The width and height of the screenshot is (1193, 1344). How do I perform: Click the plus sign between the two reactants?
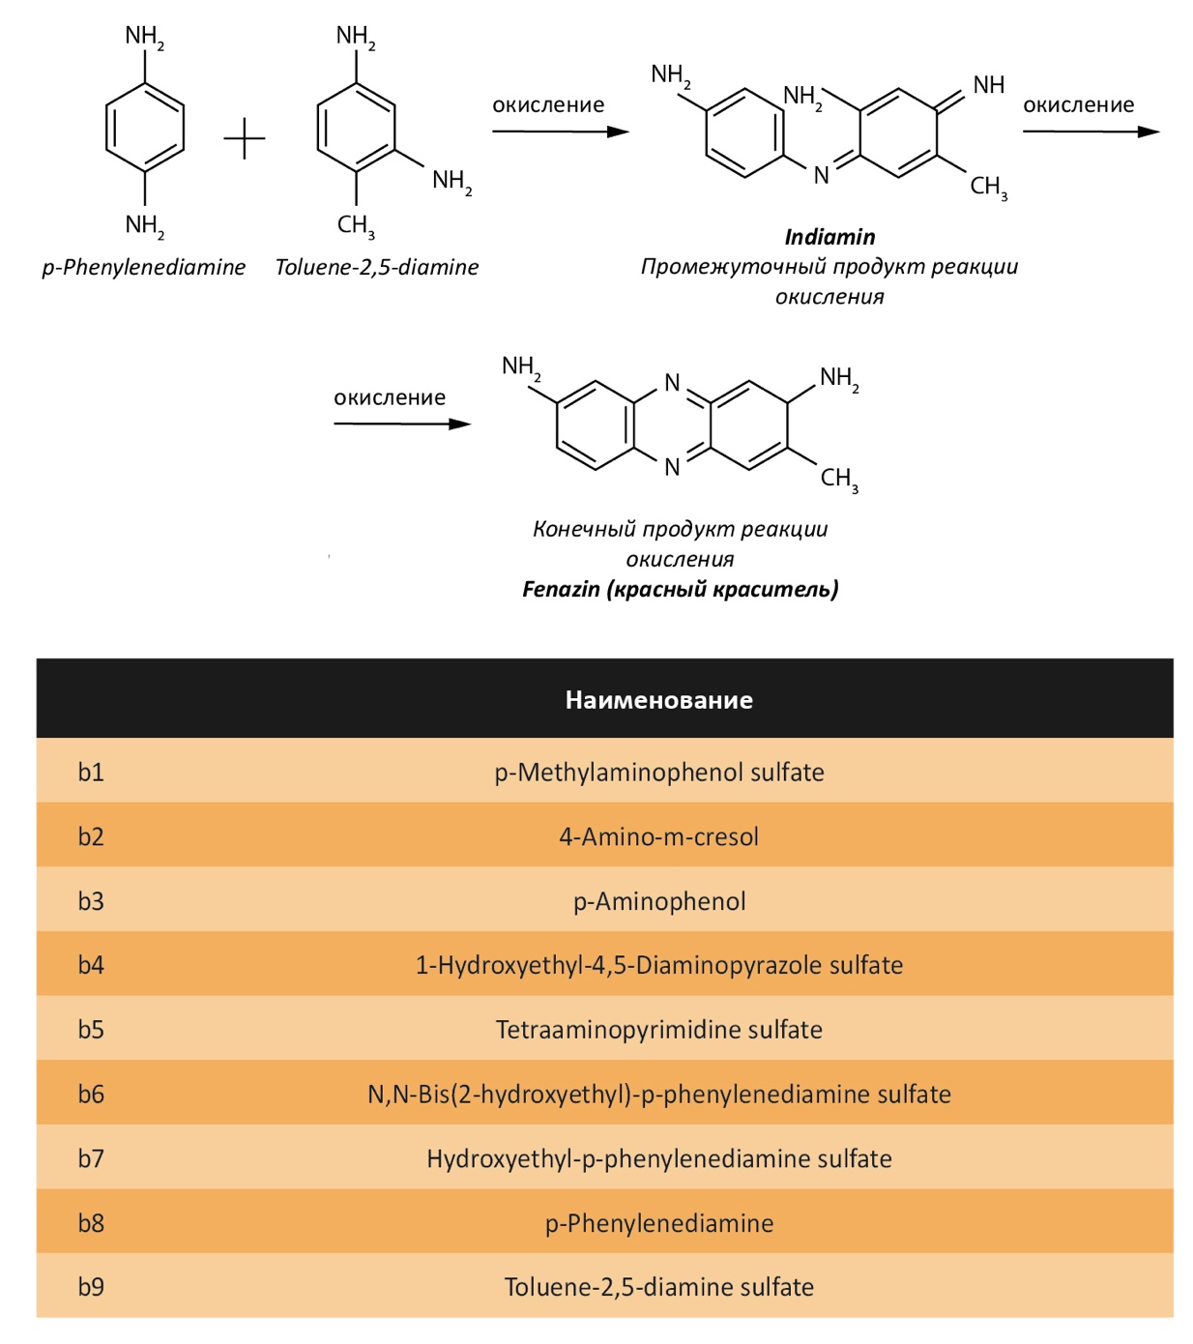tap(245, 138)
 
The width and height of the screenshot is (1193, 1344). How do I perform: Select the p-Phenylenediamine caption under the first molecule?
tap(143, 267)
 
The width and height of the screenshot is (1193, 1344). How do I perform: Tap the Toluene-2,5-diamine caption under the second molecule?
tap(376, 267)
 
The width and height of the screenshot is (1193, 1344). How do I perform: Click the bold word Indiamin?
tap(829, 236)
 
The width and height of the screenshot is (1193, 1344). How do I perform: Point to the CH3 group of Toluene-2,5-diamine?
tap(356, 225)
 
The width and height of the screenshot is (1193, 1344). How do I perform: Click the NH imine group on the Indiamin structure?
tap(988, 84)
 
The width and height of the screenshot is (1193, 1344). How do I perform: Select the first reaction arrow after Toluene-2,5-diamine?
tap(560, 131)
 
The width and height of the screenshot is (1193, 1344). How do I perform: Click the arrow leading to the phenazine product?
tap(402, 424)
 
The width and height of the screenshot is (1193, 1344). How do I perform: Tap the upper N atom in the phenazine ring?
tap(672, 382)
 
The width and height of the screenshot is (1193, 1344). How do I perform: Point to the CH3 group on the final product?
tap(839, 478)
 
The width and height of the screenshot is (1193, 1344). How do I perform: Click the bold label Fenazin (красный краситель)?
tap(680, 589)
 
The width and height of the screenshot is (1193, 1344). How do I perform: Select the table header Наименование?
tap(658, 700)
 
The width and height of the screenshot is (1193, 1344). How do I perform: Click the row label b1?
tap(91, 773)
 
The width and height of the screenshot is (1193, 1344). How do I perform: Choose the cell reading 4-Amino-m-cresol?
tap(658, 836)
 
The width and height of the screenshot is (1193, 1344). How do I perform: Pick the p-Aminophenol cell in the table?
tap(659, 901)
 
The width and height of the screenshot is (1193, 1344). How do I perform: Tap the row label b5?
tap(91, 1030)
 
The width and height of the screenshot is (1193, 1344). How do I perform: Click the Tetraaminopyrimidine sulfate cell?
tap(659, 1030)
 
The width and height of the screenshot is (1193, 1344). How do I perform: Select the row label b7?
tap(91, 1158)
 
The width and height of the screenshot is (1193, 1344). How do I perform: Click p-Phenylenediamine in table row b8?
tap(659, 1222)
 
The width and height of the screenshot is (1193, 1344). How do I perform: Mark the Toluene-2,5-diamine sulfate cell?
tap(659, 1287)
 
